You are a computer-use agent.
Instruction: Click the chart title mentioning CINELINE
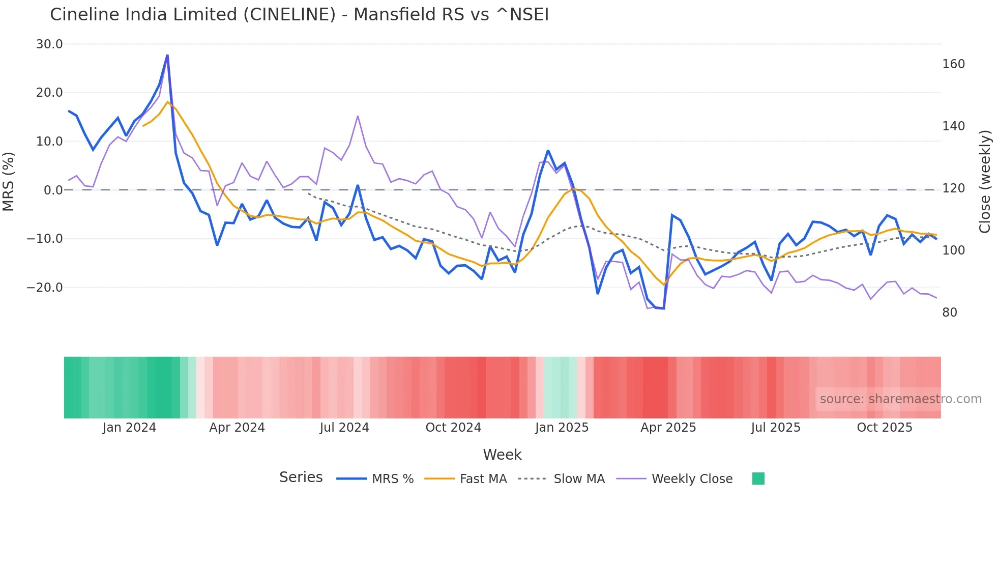[299, 14]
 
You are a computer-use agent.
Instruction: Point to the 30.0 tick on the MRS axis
[49, 44]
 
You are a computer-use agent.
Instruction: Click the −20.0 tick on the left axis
[45, 288]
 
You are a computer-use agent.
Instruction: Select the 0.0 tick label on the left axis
[53, 190]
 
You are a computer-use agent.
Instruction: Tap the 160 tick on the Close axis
[953, 64]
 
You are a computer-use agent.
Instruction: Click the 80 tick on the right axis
[949, 313]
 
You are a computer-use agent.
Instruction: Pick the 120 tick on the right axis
[953, 188]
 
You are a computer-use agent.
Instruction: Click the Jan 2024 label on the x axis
[129, 428]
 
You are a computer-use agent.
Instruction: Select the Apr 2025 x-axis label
[668, 428]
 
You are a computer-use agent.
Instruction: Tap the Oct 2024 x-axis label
[453, 428]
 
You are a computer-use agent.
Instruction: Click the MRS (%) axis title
[9, 181]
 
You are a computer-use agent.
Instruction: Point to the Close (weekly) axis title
[985, 181]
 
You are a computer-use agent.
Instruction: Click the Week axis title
[502, 455]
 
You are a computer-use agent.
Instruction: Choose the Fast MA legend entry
[483, 479]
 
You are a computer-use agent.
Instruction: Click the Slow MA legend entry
[579, 479]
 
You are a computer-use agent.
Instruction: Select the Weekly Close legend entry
[692, 479]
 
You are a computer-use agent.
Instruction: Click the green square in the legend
[758, 479]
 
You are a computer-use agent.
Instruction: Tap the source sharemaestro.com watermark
[900, 399]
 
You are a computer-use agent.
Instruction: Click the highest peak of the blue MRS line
[167, 55]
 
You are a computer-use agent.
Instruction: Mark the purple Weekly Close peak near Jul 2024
[358, 116]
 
